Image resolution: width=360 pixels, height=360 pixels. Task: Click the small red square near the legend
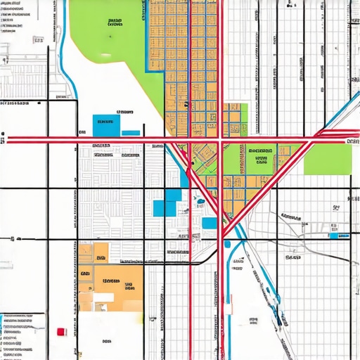[61, 330]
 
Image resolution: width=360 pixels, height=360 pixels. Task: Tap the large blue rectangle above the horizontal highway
[106, 124]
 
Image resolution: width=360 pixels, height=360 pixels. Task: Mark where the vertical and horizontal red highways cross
[220, 141]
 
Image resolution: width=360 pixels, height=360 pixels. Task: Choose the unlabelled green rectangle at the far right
[327, 160]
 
